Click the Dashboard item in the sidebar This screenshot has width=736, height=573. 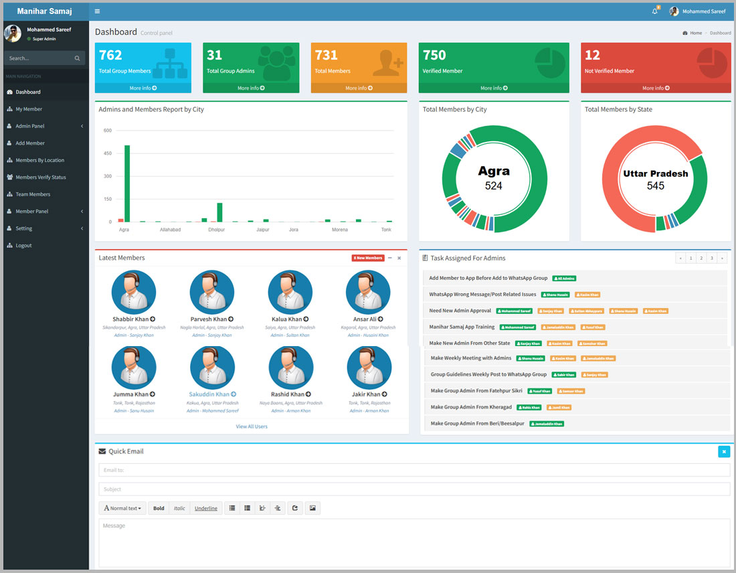point(28,92)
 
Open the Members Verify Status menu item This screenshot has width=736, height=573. point(41,177)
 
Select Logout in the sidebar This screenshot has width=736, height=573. point(24,246)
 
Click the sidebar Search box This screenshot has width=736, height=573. point(40,58)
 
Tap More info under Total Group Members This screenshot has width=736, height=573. point(143,88)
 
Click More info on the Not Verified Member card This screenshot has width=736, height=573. point(656,88)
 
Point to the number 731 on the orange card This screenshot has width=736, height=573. point(327,55)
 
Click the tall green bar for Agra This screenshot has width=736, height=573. point(127,183)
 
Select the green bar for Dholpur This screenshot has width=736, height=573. point(219,212)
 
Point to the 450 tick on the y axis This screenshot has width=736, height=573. point(107,153)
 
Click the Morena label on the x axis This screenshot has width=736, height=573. point(340,230)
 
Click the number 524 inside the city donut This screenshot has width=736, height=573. point(494,185)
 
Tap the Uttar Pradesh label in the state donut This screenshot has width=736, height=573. point(656,173)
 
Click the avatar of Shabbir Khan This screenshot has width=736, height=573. point(134,293)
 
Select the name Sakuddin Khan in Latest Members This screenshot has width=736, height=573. point(209,394)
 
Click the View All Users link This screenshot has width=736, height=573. point(252,426)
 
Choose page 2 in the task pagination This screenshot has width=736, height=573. point(701,258)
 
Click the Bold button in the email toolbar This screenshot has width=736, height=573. point(159,508)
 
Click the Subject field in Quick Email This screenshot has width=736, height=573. point(414,489)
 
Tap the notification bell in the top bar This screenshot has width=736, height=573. point(655,11)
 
